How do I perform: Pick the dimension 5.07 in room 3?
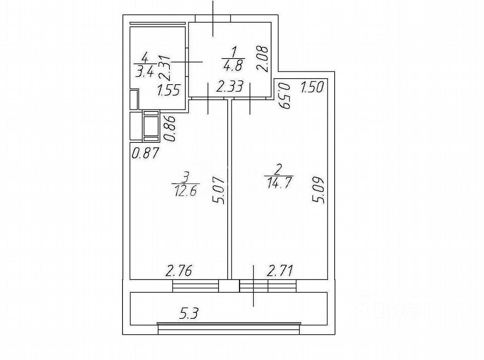pos(222,191)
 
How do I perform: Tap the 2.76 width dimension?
pos(180,271)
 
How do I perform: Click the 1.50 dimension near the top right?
pos(312,88)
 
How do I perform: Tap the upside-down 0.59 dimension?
pos(285,96)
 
